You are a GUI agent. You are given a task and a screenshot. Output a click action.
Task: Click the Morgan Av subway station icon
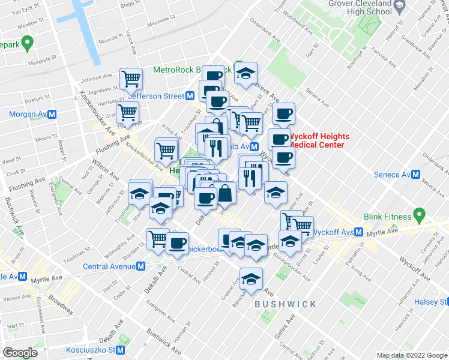[52, 114]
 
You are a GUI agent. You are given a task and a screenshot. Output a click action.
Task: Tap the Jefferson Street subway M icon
[190, 96]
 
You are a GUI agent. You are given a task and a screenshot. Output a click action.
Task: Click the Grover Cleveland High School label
[369, 8]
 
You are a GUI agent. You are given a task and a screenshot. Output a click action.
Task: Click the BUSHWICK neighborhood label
[285, 304]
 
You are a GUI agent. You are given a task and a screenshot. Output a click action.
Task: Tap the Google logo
[20, 353]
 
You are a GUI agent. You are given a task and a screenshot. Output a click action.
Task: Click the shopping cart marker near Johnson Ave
[131, 77]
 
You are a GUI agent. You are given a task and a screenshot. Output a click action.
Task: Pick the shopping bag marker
[226, 193]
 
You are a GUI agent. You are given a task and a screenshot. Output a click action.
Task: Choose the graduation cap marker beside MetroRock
[246, 73]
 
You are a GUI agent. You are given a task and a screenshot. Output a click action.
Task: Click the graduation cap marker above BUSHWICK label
[251, 278]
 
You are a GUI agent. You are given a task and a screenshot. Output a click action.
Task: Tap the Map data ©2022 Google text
[412, 355]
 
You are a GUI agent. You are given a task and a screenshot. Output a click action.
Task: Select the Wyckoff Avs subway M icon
[358, 232]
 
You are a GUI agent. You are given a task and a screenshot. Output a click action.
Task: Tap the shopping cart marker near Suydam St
[158, 238]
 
